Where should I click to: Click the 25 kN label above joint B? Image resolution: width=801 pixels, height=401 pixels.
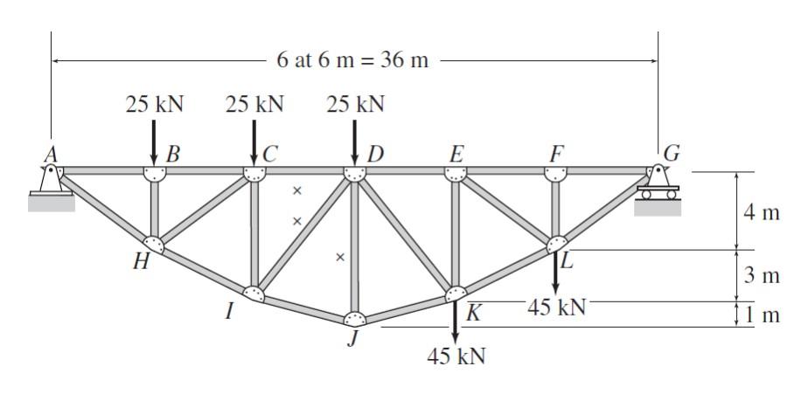[155, 105]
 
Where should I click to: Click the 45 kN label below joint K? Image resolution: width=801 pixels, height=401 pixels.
[456, 356]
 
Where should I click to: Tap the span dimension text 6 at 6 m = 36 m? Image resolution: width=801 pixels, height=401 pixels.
[352, 61]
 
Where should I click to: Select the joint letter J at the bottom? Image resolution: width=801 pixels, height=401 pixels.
[353, 340]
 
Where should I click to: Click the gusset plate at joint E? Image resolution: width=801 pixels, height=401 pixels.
[456, 173]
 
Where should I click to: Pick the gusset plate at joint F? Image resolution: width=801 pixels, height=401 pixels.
[555, 173]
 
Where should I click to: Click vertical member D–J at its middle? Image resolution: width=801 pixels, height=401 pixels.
[354, 245]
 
